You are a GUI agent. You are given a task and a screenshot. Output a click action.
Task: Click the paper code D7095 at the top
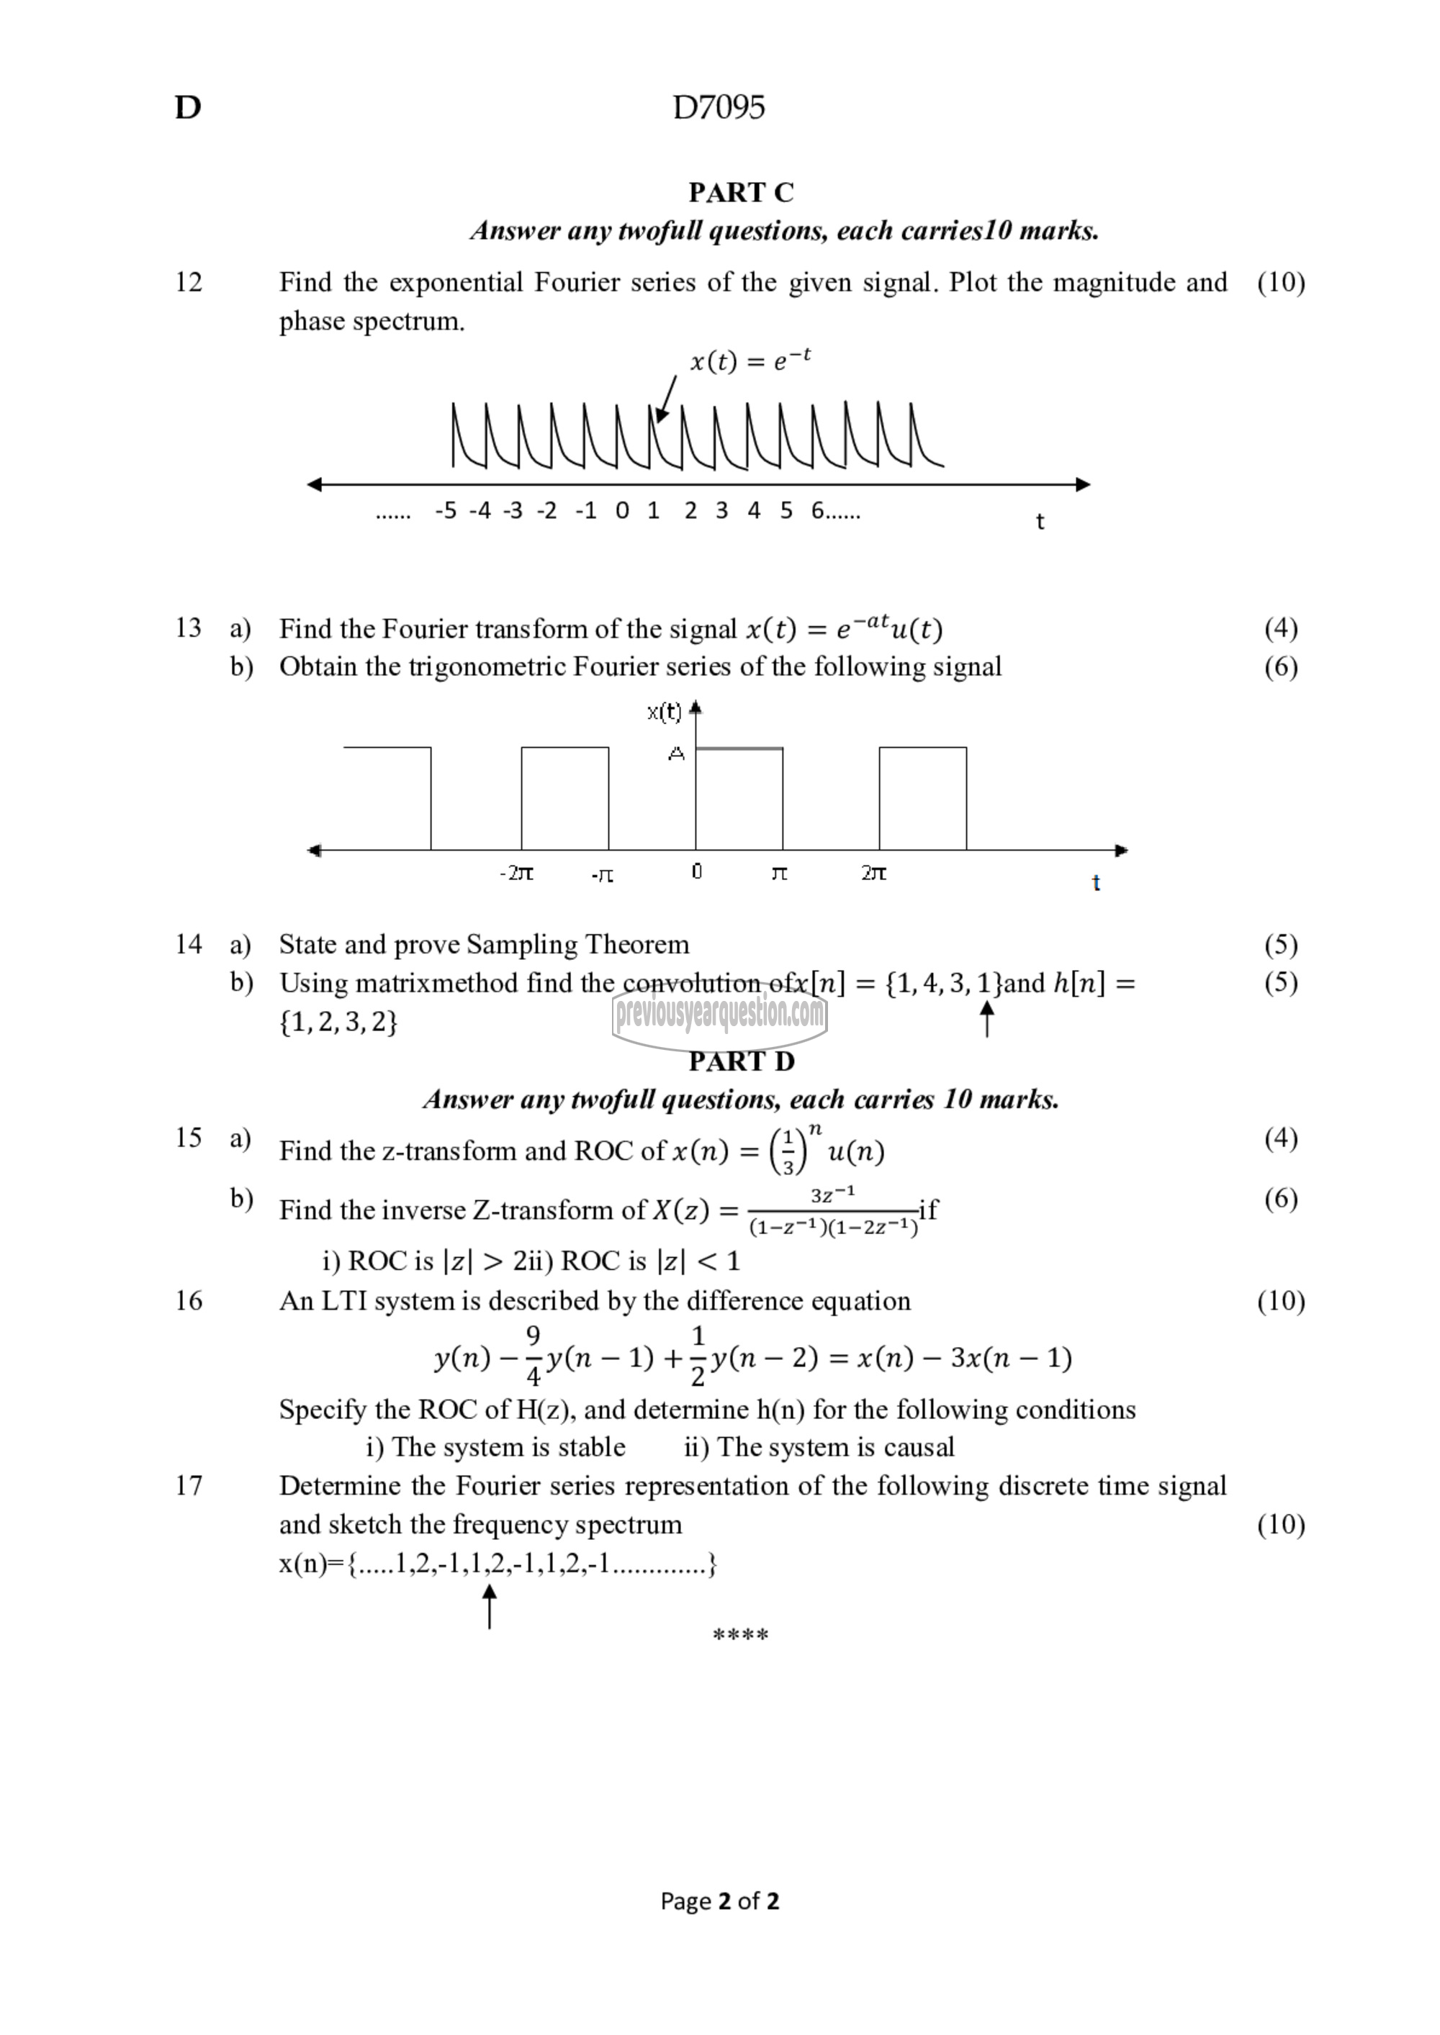[x=719, y=107]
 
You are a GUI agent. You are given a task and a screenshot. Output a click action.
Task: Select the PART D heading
[x=742, y=1061]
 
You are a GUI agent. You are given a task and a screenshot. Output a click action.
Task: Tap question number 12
[x=188, y=282]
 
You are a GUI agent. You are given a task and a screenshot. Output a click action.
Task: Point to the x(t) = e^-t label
[x=750, y=360]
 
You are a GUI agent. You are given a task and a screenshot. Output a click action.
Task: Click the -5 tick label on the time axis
[x=446, y=510]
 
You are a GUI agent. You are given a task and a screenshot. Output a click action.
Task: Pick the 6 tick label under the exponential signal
[x=816, y=510]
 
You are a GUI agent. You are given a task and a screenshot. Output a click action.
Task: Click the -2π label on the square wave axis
[x=516, y=873]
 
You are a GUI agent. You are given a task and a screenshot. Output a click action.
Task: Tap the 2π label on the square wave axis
[x=873, y=873]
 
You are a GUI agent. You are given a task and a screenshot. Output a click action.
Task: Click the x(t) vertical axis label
[x=664, y=711]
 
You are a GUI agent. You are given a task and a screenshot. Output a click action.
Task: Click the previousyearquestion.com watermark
[x=719, y=1013]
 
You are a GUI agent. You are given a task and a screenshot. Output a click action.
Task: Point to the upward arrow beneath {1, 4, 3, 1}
[x=986, y=1018]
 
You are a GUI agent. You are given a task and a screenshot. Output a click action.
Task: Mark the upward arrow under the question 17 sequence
[x=489, y=1606]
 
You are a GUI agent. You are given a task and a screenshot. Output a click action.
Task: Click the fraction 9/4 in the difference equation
[x=533, y=1357]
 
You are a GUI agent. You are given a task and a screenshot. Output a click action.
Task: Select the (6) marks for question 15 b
[x=1280, y=1198]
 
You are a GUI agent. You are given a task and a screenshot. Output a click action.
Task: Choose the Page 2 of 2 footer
[x=719, y=1900]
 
